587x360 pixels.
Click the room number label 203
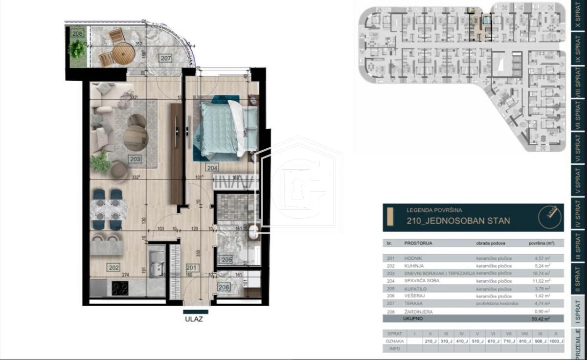(x=135, y=159)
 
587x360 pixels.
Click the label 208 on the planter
(x=77, y=33)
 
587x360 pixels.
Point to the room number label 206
(x=224, y=288)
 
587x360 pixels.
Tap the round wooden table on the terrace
(x=123, y=53)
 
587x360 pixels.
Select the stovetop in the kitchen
(x=120, y=289)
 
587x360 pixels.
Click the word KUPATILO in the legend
(x=415, y=289)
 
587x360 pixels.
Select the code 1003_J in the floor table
(x=555, y=341)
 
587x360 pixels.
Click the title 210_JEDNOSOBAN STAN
(x=458, y=221)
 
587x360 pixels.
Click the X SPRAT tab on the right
(x=578, y=16)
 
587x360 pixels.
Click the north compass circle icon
(x=550, y=217)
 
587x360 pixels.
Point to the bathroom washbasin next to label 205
(x=253, y=233)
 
